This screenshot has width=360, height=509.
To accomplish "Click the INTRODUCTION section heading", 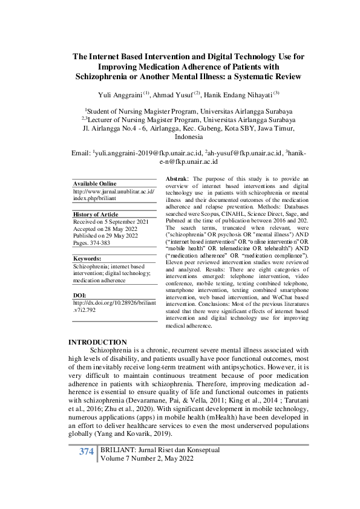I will (98, 342).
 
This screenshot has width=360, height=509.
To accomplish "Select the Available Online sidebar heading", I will (94, 184).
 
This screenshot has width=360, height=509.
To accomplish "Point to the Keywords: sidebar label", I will (89, 258).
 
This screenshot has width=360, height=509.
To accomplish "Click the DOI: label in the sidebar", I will (80, 295).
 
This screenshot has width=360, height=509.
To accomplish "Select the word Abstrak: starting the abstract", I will (178, 180).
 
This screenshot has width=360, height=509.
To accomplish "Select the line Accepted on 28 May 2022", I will (103, 230).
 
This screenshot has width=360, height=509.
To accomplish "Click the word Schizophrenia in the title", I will (106, 77).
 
